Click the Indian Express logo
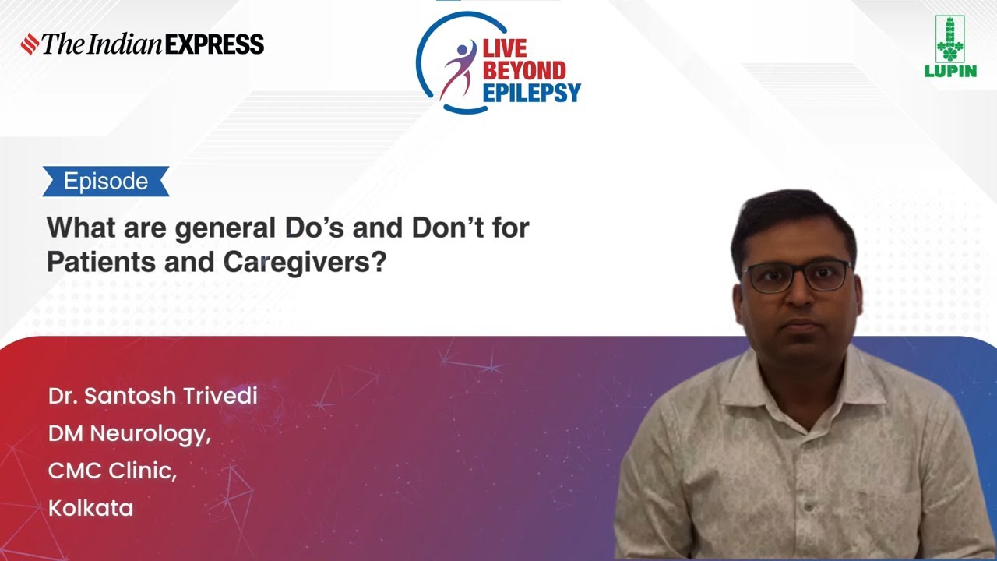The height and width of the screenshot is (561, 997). [143, 44]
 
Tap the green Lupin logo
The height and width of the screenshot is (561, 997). [950, 48]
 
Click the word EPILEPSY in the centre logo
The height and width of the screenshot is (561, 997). [532, 93]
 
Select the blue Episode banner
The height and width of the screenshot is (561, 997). [106, 182]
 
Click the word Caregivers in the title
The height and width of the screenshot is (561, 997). [305, 262]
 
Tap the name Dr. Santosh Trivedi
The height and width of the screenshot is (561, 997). [153, 396]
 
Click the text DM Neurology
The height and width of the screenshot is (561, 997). [129, 433]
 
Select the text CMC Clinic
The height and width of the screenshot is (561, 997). [112, 471]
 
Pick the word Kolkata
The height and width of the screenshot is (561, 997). [91, 508]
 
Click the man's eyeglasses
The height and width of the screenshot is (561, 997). [796, 277]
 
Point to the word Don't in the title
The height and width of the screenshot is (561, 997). [451, 228]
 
